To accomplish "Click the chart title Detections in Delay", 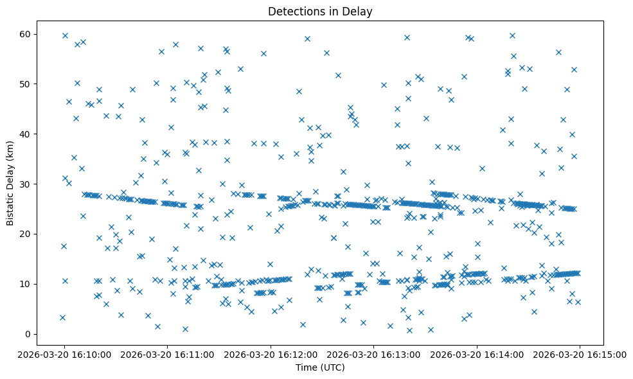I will (x=320, y=12).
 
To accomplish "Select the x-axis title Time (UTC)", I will (x=320, y=367).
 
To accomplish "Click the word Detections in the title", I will (x=293, y=12).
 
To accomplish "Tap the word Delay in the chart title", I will (x=360, y=12).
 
